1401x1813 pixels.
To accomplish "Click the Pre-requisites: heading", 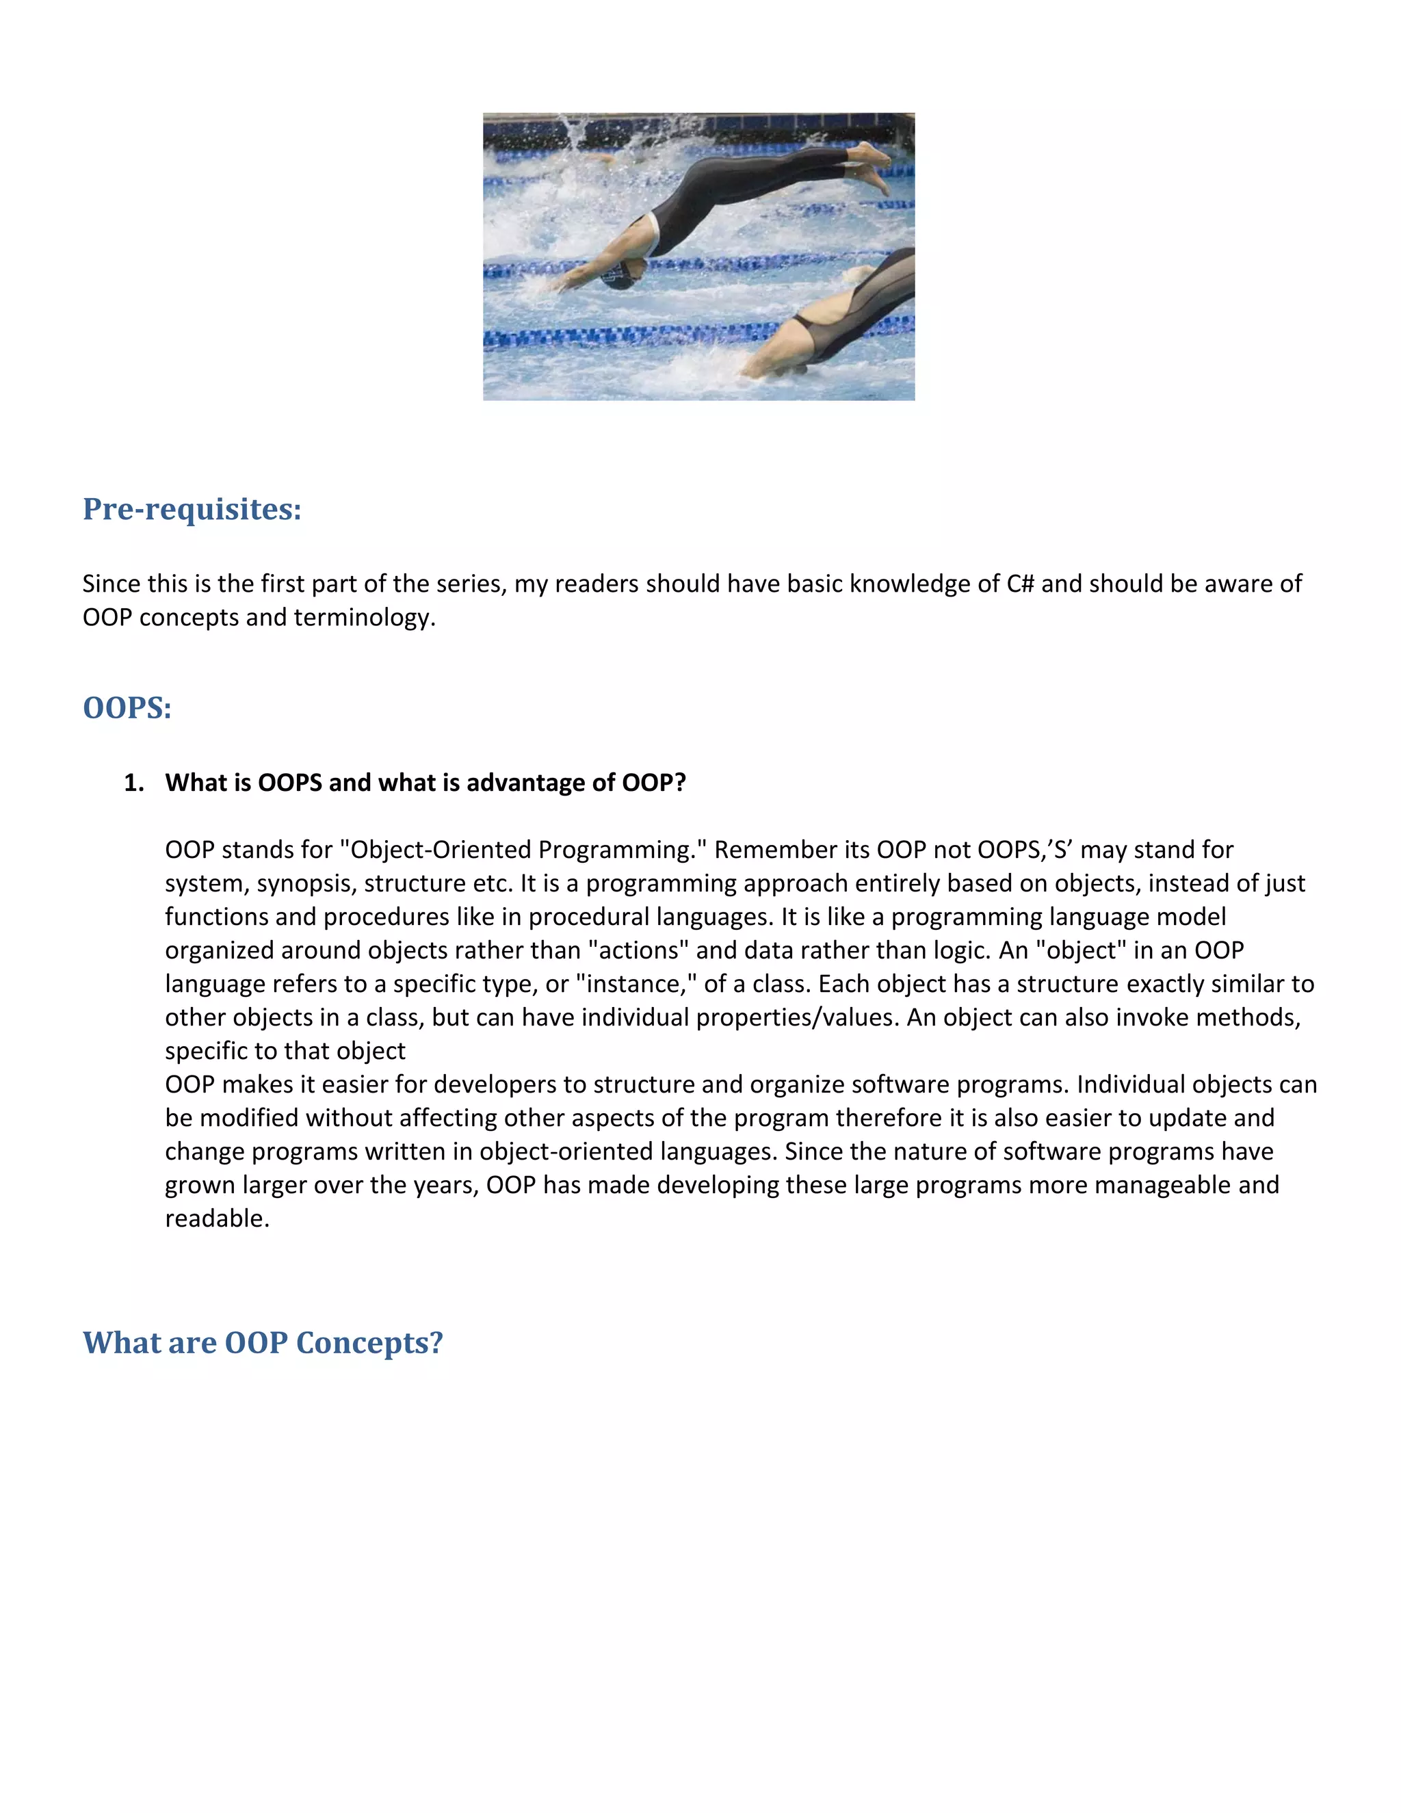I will coord(192,509).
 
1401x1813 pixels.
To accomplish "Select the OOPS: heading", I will coord(127,708).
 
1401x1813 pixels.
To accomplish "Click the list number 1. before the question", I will coord(133,783).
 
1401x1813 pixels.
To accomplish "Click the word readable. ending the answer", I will coord(218,1218).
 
